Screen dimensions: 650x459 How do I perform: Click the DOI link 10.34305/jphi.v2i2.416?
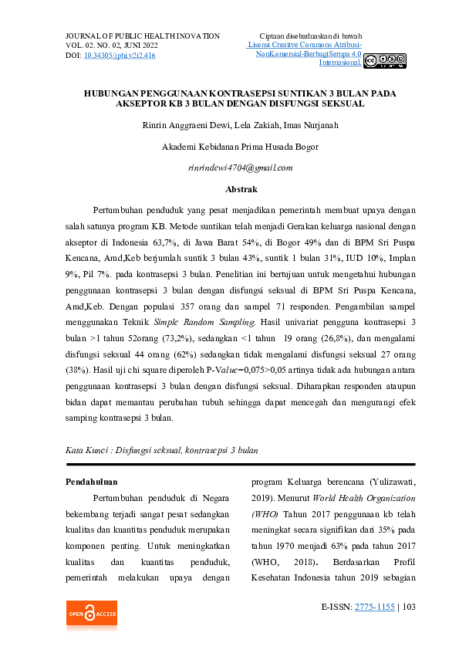click(x=120, y=56)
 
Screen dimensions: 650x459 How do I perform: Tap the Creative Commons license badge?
click(x=384, y=61)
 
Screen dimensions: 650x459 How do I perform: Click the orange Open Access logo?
click(x=91, y=614)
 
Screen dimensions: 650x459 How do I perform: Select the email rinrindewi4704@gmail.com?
click(x=240, y=168)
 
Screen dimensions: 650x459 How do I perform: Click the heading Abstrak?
click(x=241, y=189)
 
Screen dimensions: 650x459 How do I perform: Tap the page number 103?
click(x=409, y=608)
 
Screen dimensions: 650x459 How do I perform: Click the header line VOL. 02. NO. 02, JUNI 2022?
click(x=111, y=46)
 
